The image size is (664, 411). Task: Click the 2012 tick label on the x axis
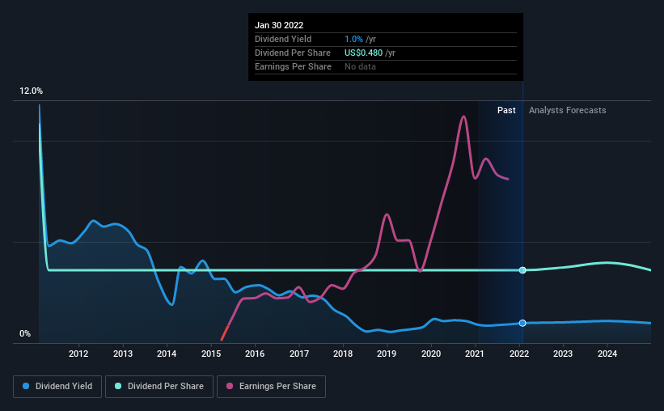tap(78, 354)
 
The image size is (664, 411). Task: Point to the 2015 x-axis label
tap(210, 354)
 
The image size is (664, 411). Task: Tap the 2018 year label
tap(343, 354)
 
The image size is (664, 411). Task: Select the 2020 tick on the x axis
tap(431, 354)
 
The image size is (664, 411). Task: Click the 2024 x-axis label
tap(607, 354)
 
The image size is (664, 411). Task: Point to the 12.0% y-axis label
tap(32, 91)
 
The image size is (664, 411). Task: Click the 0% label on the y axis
tap(25, 334)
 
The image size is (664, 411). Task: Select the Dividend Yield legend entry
tap(57, 387)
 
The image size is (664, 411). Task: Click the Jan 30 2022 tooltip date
tap(279, 25)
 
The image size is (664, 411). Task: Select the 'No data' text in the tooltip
tap(360, 66)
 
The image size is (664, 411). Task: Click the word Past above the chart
tap(506, 110)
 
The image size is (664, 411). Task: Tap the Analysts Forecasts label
tap(567, 110)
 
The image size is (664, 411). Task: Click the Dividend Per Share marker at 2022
tap(522, 269)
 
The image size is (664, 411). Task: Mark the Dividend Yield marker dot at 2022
tap(522, 323)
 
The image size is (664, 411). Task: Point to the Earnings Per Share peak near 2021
tap(463, 117)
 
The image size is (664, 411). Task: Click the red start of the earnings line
tap(222, 339)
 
